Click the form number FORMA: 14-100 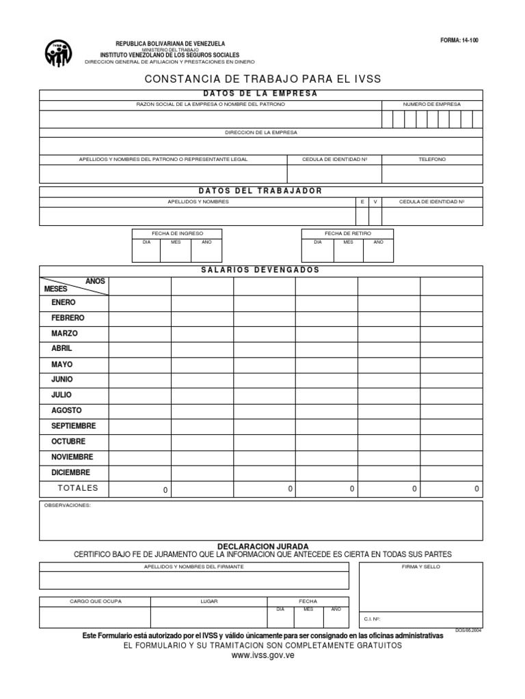coord(459,40)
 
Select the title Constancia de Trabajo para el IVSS coord(262,80)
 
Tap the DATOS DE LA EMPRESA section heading coord(260,94)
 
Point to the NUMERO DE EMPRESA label coord(431,104)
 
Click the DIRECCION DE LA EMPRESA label coord(261,132)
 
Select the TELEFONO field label coord(431,159)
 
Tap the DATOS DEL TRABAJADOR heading coord(260,190)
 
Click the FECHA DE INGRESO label coord(177,233)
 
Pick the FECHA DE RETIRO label coord(347,233)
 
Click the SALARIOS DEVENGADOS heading coord(260,270)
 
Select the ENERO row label coord(64,302)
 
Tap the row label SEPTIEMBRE coord(73,426)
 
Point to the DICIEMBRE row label coord(70,472)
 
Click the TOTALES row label coord(78,488)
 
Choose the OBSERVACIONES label coord(67,506)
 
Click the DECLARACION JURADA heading coord(262,547)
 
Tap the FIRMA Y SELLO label coord(421,567)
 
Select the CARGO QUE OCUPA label coord(96,601)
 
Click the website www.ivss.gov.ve coord(262,656)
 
